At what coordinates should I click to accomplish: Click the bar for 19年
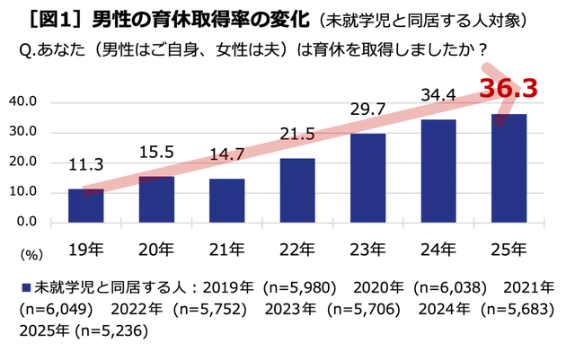[x=86, y=206]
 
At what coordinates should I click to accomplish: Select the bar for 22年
[x=298, y=190]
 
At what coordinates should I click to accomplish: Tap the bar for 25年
[x=509, y=168]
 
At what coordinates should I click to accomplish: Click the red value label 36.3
[x=508, y=89]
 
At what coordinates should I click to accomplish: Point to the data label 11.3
[x=86, y=164]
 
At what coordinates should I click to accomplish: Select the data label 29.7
[x=369, y=109]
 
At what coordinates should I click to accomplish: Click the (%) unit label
[x=30, y=254]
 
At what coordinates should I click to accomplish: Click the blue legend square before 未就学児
[x=24, y=288]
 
